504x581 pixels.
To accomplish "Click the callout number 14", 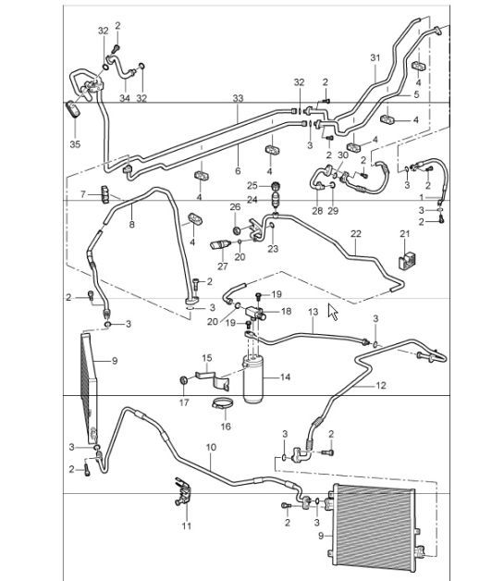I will (285, 377).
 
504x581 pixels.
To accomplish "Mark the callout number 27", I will (222, 266).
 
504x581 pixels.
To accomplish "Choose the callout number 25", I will (252, 185).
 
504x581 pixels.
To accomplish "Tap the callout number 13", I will (313, 313).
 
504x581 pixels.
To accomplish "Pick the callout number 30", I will (343, 155).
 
